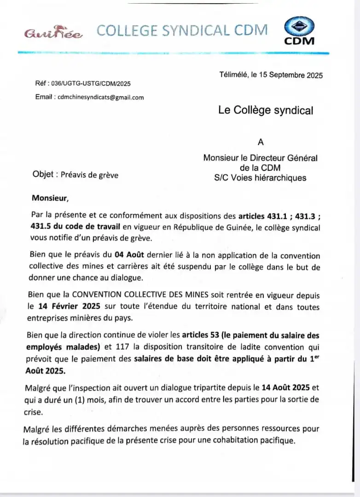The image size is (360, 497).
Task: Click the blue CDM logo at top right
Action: [299, 31]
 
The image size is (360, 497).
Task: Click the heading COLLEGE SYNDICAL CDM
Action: [182, 30]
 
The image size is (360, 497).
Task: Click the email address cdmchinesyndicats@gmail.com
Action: [100, 97]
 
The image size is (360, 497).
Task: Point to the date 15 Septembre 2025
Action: [291, 75]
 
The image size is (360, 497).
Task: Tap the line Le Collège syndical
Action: [266, 110]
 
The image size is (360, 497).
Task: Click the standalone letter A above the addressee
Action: [261, 142]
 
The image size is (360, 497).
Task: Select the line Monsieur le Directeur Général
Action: [260, 158]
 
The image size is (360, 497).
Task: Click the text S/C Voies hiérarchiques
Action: [260, 178]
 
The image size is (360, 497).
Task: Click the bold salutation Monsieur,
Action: [50, 198]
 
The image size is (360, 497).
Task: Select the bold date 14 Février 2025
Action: [68, 306]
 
